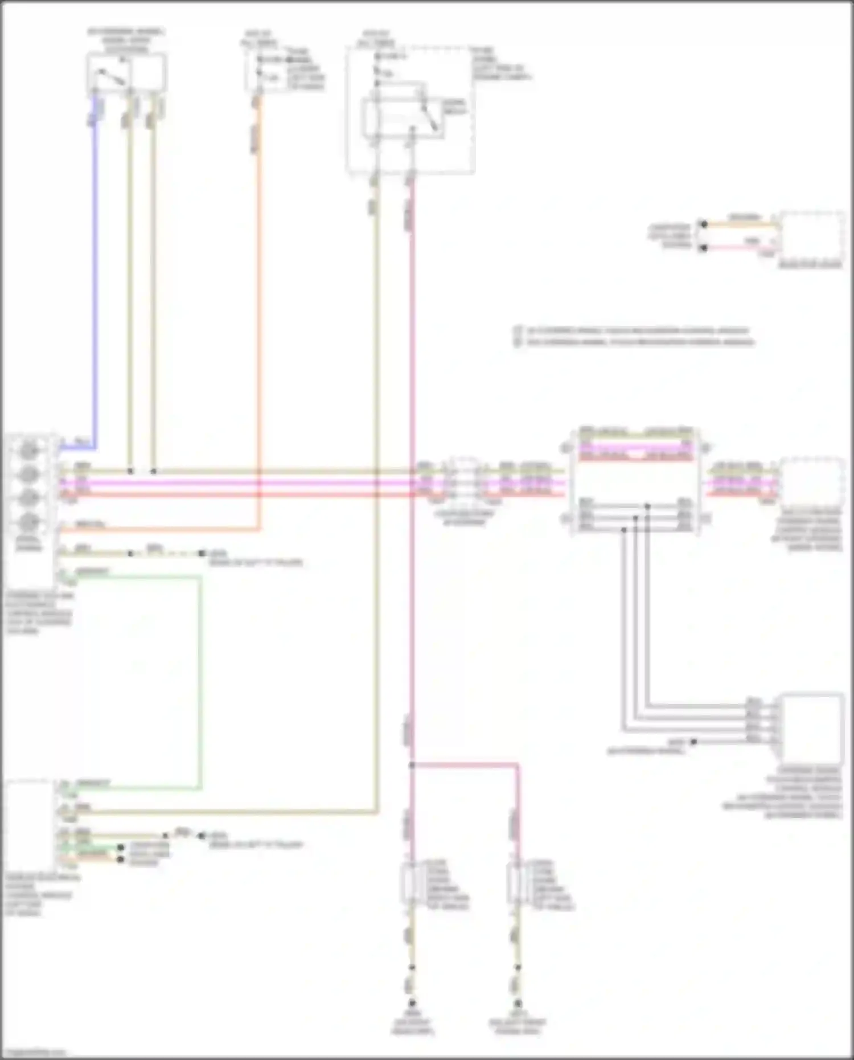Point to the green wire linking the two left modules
point(200,684)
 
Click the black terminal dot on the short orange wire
point(704,224)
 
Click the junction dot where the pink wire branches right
point(412,765)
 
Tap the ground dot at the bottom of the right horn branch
point(518,1003)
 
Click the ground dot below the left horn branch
point(412,1003)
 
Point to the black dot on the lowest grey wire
point(693,742)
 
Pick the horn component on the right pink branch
point(515,883)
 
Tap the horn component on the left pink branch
point(410,883)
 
